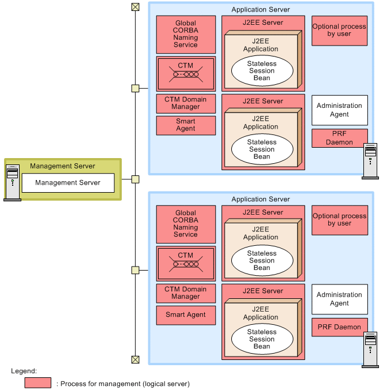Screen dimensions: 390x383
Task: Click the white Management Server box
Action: click(68, 183)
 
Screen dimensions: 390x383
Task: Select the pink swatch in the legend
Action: click(39, 383)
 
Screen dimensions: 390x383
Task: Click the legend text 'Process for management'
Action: click(125, 383)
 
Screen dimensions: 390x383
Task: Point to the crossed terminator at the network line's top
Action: click(136, 7)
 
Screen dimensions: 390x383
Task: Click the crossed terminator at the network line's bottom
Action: click(136, 359)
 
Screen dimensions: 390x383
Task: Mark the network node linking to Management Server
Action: click(136, 179)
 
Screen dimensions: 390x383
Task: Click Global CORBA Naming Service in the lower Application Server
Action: click(186, 223)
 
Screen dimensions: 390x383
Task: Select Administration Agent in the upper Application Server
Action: click(340, 110)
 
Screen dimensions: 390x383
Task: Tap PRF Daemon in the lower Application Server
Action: click(340, 327)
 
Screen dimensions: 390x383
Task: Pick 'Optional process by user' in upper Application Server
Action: click(340, 30)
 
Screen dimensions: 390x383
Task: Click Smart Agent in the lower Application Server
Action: click(186, 315)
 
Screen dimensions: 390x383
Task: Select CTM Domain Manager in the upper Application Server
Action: click(186, 103)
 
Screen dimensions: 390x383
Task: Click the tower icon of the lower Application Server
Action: click(370, 350)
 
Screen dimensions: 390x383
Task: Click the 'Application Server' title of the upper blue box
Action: click(261, 10)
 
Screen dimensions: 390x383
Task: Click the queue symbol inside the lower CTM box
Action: click(186, 265)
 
